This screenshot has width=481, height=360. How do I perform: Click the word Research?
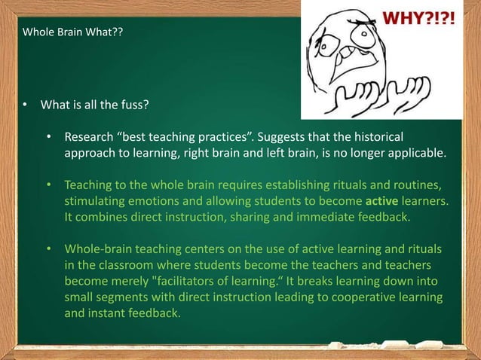click(x=88, y=139)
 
